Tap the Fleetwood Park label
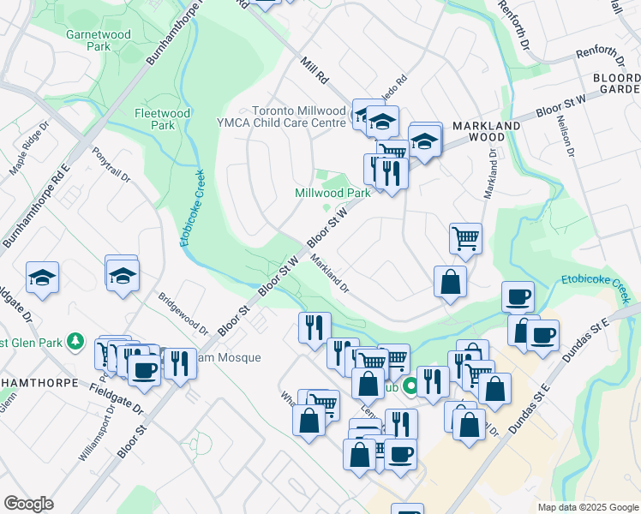tap(156, 118)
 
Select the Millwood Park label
tap(332, 193)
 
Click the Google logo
tap(28, 504)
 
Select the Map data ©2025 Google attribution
tap(587, 507)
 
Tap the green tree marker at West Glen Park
tap(75, 342)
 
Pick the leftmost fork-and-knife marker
tap(179, 364)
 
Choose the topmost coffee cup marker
tap(517, 297)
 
